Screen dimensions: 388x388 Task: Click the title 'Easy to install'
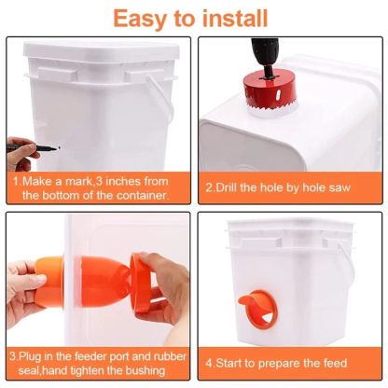tap(192, 17)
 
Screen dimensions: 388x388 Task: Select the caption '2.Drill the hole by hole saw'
tap(278, 187)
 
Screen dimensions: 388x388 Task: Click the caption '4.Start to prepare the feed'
tap(277, 362)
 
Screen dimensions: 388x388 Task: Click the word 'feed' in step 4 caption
tap(331, 362)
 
